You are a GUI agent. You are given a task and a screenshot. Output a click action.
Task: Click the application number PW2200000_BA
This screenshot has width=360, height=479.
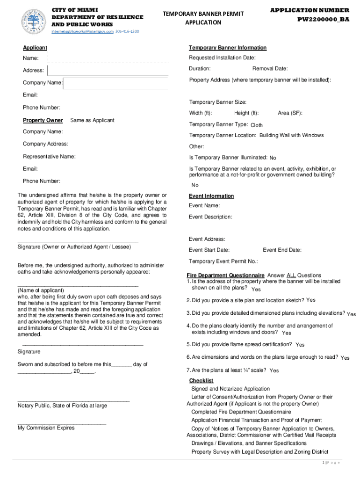pos(323,20)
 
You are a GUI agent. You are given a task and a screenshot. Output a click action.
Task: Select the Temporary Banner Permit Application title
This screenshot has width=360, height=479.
pos(203,18)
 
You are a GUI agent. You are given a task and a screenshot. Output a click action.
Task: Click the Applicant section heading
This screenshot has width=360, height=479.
pos(35,48)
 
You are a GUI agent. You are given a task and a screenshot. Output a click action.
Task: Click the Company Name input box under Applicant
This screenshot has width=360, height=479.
pos(115,83)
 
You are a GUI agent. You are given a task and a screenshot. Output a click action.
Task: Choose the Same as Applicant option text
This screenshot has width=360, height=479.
pos(92,120)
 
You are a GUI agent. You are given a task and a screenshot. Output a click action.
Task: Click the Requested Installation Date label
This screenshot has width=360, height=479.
pos(222,58)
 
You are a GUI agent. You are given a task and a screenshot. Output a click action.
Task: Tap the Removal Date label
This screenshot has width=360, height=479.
pos(270,69)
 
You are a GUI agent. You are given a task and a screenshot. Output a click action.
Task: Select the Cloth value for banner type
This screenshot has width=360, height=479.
pos(257,125)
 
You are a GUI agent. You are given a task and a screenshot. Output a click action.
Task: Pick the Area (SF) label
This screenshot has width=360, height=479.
pos(290,113)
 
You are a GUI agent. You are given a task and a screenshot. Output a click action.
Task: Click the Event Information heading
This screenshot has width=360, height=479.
pos(211,196)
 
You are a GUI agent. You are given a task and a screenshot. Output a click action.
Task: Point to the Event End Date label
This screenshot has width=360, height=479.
pos(282,250)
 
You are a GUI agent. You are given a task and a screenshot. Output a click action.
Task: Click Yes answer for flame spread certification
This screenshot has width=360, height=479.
pos(300,345)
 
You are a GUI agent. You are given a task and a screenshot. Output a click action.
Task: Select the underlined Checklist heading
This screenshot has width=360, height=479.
pos(201,380)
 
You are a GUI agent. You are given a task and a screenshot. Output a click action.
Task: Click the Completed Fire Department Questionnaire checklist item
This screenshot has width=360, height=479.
pos(241,412)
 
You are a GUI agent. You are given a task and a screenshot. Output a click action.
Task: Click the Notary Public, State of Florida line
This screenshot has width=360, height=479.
pos(62,406)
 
